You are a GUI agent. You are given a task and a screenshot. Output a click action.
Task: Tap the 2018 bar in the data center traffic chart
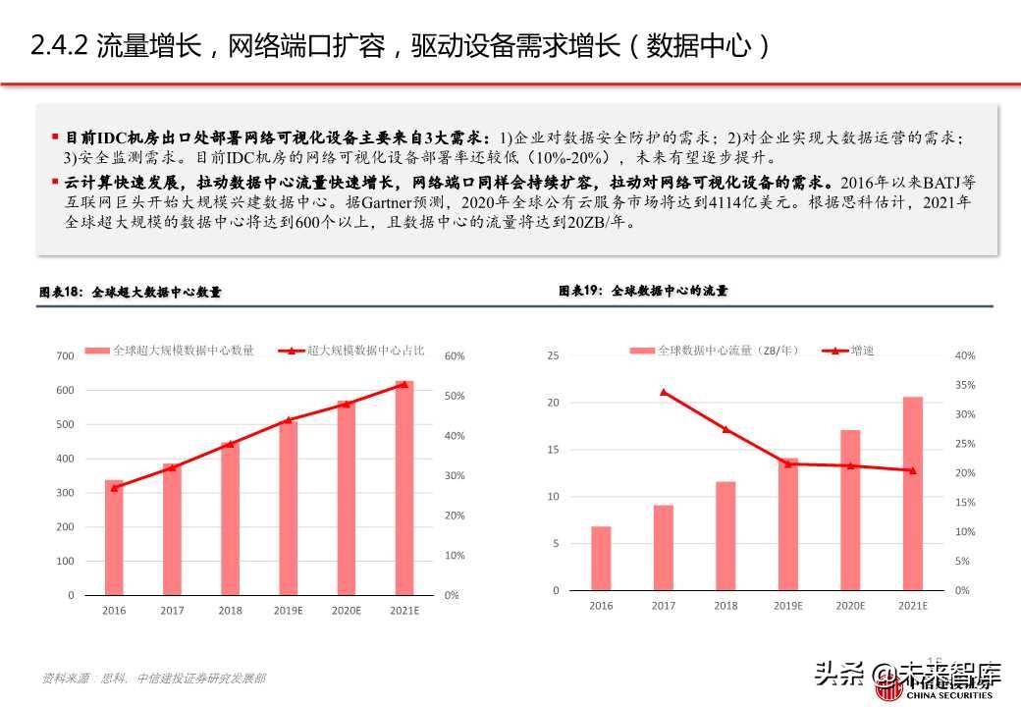click(x=725, y=536)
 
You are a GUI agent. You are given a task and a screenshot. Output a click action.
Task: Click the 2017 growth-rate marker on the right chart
click(x=664, y=392)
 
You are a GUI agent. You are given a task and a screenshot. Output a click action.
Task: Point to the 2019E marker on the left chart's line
click(x=288, y=420)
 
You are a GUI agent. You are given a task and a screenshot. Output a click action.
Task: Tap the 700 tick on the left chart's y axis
click(x=65, y=355)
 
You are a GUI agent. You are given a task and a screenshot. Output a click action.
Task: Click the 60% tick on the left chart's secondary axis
click(x=455, y=355)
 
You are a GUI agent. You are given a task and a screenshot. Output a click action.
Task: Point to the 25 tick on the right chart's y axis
click(x=553, y=355)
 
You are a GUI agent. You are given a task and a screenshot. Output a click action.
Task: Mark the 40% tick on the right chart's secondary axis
click(x=964, y=355)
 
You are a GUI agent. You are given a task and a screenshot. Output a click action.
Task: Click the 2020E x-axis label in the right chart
click(x=850, y=606)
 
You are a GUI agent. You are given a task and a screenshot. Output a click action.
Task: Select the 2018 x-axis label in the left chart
click(x=231, y=611)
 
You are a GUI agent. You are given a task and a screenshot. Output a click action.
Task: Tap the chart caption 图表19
click(x=579, y=291)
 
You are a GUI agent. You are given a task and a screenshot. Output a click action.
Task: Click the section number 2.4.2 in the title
click(x=60, y=45)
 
